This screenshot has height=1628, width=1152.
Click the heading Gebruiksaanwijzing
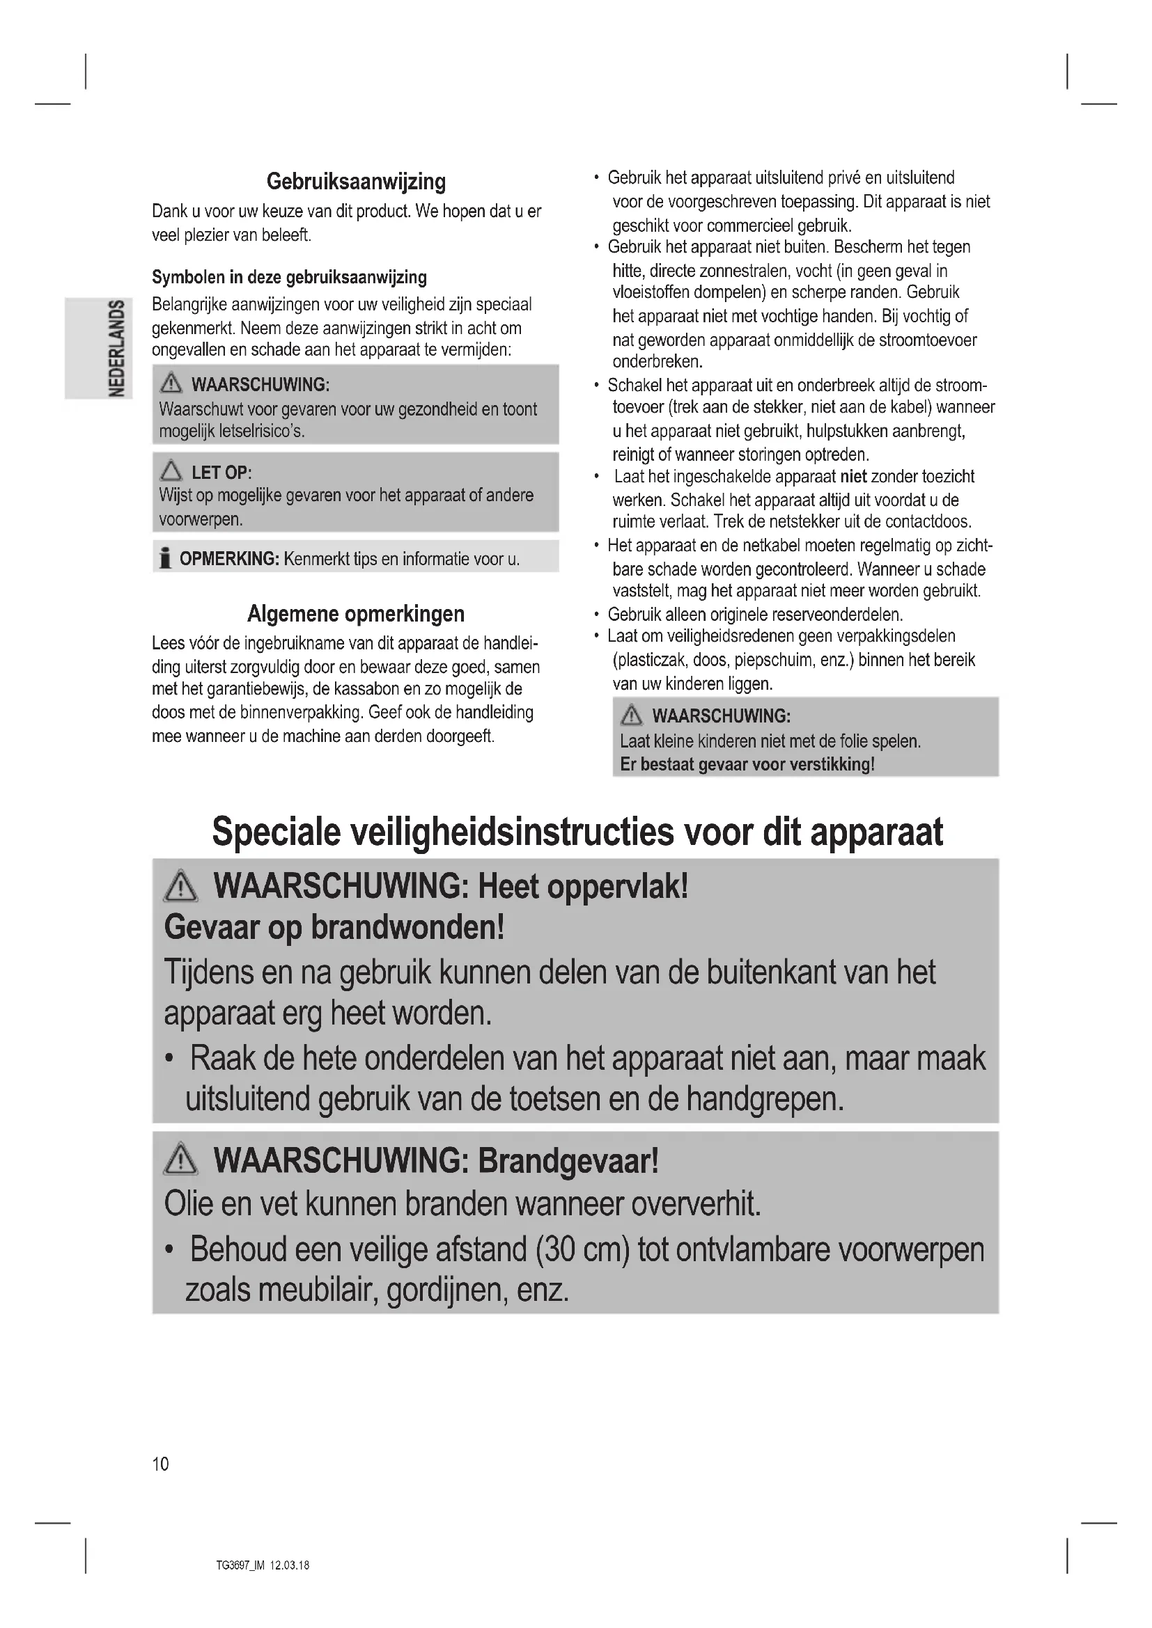click(x=356, y=182)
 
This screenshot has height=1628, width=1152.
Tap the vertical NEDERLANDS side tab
click(x=116, y=348)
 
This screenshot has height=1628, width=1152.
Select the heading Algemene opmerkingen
click(x=356, y=613)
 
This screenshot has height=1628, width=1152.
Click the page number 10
click(x=160, y=1464)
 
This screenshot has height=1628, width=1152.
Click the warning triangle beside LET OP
click(x=171, y=471)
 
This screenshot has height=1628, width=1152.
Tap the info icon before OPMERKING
click(x=165, y=559)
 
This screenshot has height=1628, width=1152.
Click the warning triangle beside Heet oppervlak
click(x=181, y=886)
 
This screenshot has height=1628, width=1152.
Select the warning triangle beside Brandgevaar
click(x=181, y=1160)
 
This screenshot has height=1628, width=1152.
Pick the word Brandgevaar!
click(x=568, y=1161)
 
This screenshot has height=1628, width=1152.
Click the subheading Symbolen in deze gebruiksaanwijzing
click(x=290, y=277)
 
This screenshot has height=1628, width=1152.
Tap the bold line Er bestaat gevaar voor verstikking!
click(x=747, y=764)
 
